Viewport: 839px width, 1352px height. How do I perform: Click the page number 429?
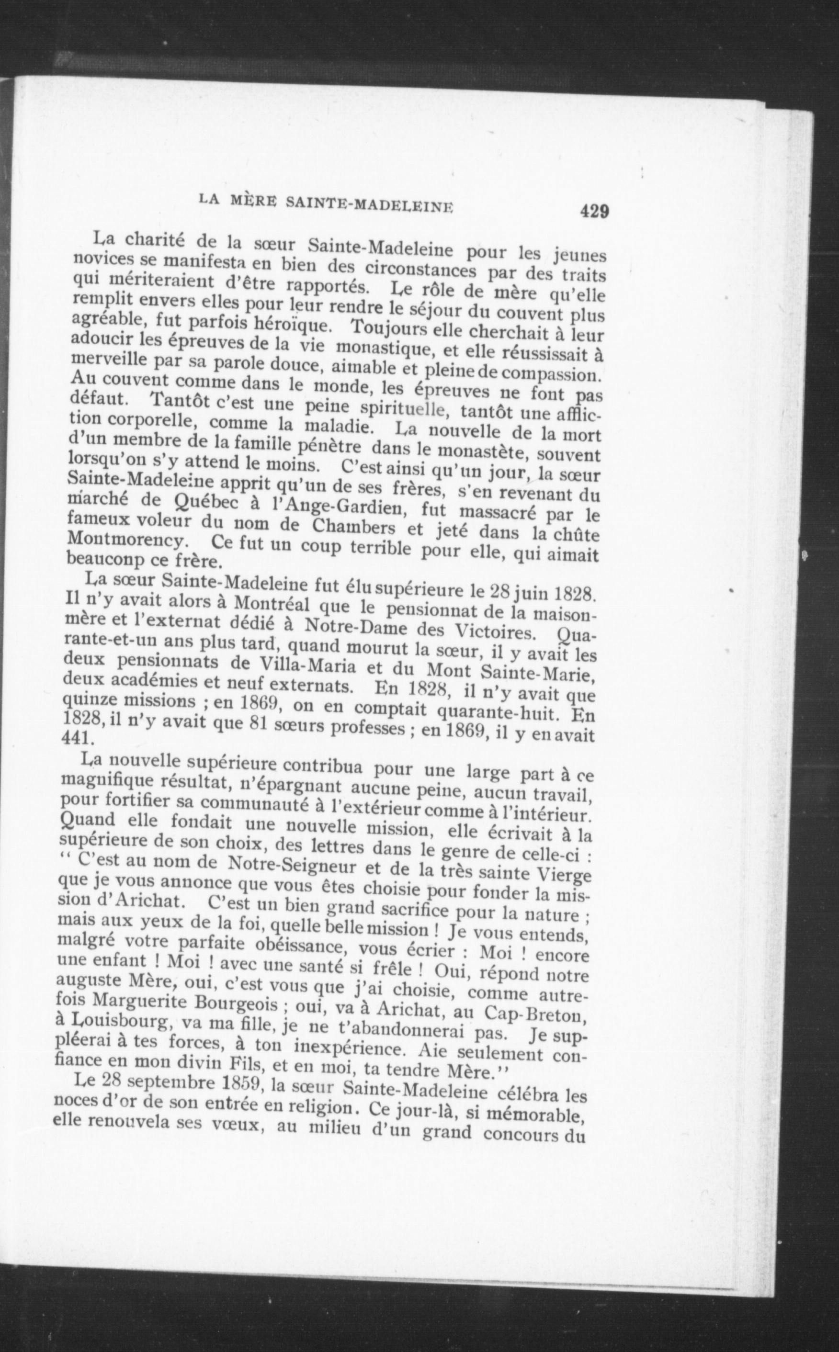click(x=594, y=212)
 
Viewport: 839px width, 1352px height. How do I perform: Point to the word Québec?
click(x=205, y=503)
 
